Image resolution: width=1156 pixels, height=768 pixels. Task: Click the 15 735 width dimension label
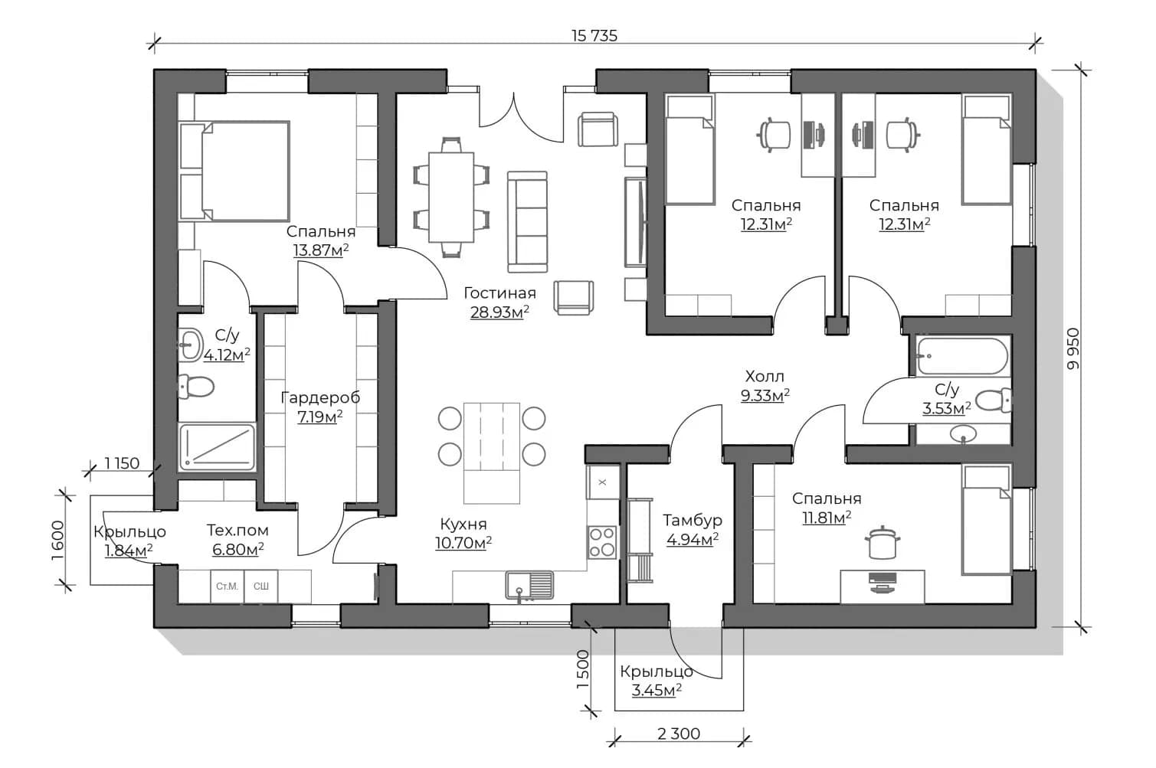[594, 35]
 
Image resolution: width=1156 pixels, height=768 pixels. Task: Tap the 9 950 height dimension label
[1073, 348]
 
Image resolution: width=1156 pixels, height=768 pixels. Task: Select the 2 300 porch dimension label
[679, 734]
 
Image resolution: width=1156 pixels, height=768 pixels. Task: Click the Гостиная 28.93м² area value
[499, 312]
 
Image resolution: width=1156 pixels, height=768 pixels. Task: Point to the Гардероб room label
[320, 397]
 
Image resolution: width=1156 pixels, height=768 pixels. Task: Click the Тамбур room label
[692, 520]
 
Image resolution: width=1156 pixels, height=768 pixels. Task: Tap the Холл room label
[765, 376]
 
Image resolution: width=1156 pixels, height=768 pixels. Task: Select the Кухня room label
[463, 524]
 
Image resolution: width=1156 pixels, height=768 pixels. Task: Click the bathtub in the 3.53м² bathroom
[961, 356]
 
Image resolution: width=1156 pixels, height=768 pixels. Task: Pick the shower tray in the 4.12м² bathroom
[218, 447]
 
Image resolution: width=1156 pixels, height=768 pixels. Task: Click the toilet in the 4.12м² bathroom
[195, 387]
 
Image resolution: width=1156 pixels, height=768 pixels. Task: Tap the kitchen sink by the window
[529, 587]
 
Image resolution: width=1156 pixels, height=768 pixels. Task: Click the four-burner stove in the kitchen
[602, 542]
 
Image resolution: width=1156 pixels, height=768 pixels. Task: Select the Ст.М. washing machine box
[227, 586]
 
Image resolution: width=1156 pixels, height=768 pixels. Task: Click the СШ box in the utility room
[261, 586]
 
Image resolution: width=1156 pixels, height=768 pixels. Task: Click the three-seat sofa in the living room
[527, 222]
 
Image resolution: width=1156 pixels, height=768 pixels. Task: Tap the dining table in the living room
[451, 197]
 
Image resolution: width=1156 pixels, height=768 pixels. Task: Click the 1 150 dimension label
[122, 463]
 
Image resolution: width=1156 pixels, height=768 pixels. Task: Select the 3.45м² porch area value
[657, 690]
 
